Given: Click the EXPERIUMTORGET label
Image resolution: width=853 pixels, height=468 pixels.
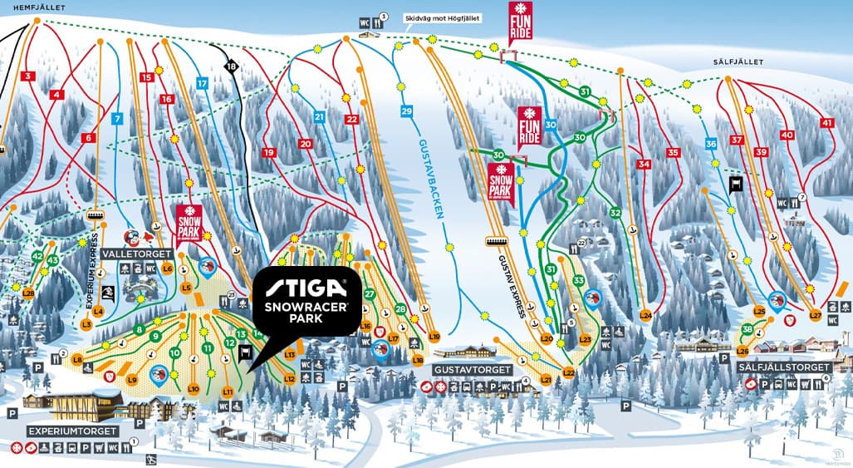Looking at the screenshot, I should tap(71, 431).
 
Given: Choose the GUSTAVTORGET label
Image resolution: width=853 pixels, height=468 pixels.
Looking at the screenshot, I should tap(468, 368).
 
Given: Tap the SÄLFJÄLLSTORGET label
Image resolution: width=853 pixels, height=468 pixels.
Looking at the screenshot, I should tap(784, 367).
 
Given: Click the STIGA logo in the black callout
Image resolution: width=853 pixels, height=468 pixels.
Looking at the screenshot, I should tap(306, 288).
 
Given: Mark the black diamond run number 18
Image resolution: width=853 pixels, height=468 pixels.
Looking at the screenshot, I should tap(231, 66).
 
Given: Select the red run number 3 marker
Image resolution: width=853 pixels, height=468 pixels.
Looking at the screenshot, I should tap(28, 76).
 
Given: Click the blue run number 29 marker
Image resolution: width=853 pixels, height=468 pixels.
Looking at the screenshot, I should tap(406, 111).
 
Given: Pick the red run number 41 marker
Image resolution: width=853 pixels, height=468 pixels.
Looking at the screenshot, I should tap(826, 123).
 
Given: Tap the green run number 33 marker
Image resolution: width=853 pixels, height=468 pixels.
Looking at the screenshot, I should tap(578, 281).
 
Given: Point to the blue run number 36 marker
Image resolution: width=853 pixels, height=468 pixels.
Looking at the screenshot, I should tap(710, 144).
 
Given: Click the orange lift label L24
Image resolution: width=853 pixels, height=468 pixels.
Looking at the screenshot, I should tap(645, 315).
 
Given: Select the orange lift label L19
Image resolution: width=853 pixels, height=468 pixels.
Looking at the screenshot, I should tap(434, 336).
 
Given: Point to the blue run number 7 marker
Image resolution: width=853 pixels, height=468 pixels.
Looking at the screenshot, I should tap(117, 119).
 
